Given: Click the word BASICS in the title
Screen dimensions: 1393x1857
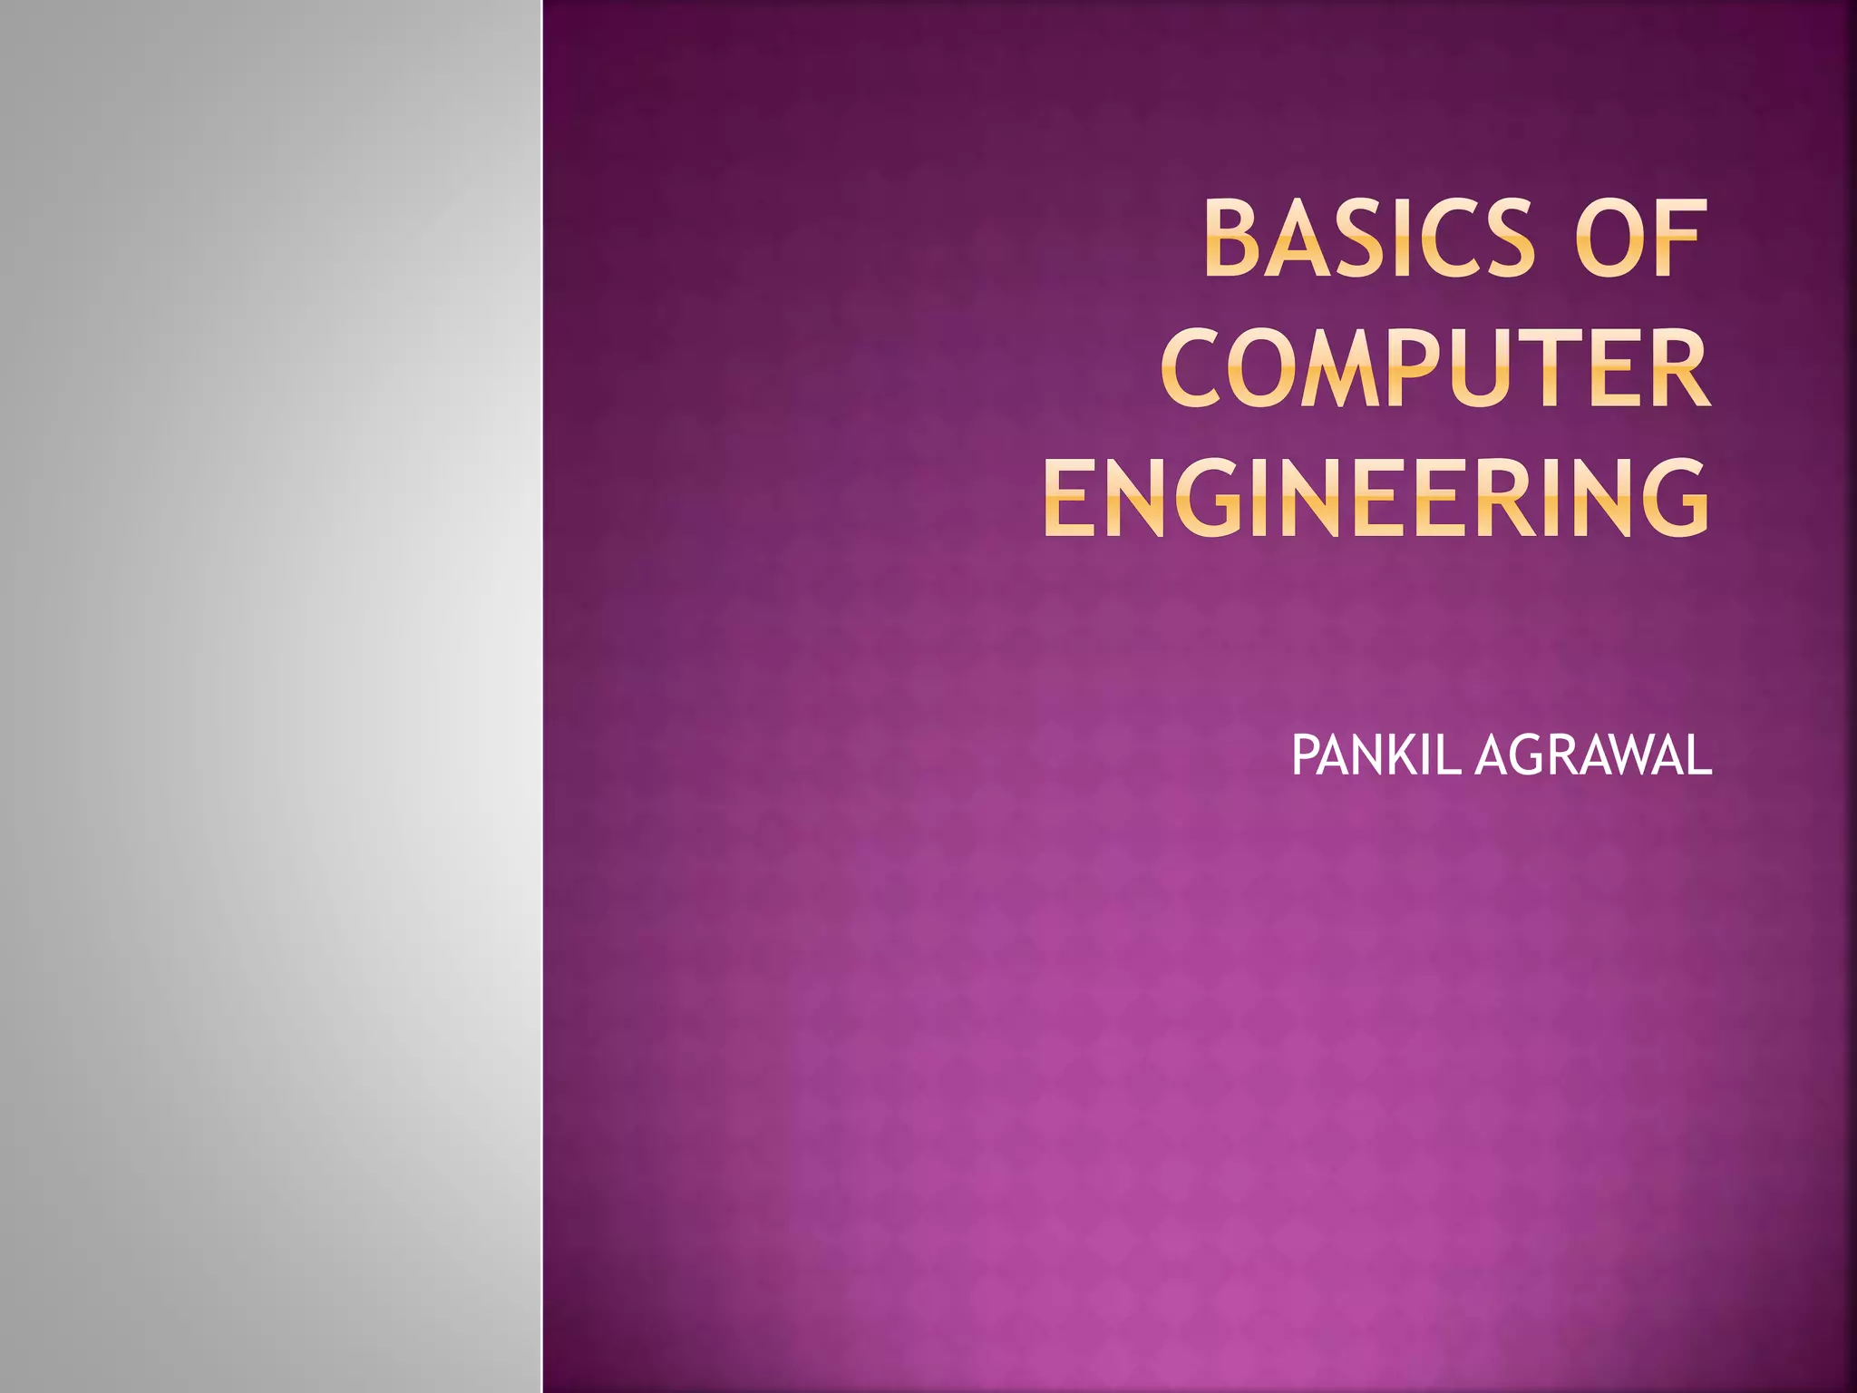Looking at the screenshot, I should [x=1369, y=239].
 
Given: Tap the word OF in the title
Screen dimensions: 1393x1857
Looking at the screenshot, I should [x=1641, y=239].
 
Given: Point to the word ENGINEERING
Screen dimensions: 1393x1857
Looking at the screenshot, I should [x=1376, y=498].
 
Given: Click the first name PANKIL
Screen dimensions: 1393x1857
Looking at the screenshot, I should [x=1376, y=755].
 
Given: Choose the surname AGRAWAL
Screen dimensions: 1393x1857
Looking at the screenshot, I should [x=1593, y=755].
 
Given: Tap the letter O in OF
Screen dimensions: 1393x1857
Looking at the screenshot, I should [x=1610, y=239].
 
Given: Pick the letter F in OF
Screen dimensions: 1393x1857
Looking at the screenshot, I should [x=1680, y=239].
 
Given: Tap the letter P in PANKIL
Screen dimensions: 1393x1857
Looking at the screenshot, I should [x=1303, y=755].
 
